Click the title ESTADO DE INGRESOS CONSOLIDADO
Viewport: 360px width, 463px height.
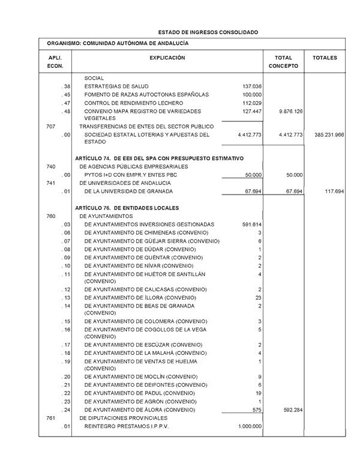208,32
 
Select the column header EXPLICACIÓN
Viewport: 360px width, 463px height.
167,58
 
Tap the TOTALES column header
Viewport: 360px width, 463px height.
325,58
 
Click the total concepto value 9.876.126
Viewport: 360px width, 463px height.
290,112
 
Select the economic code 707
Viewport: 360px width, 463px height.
51,127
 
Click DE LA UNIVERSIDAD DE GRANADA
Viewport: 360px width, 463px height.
128,192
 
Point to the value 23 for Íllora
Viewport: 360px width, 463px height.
258,298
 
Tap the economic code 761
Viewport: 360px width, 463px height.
51,418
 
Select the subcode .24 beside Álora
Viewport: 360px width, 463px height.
66,410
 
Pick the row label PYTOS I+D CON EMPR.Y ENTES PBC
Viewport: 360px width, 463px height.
130,175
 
